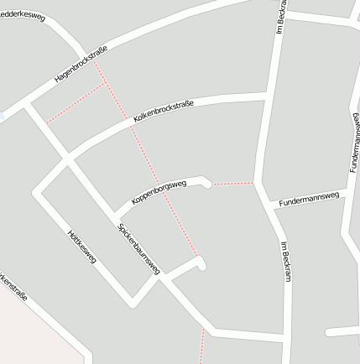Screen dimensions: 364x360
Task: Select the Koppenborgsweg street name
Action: coord(159,193)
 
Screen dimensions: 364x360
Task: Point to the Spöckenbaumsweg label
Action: coord(138,248)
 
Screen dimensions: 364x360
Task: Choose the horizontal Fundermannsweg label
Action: coord(309,198)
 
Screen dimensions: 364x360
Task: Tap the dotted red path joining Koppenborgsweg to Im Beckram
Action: coord(232,183)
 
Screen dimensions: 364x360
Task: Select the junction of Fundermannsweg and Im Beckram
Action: coord(270,204)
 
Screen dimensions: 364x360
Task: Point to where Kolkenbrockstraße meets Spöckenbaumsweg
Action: coord(67,157)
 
